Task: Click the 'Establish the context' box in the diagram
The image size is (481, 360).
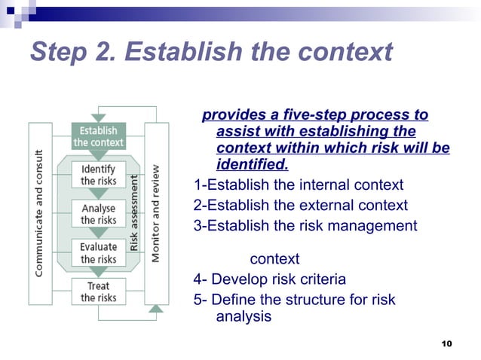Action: coord(98,136)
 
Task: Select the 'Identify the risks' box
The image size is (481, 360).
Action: coord(98,175)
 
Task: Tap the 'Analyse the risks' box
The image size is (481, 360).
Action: coord(98,214)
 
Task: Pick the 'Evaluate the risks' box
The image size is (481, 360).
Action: coord(98,252)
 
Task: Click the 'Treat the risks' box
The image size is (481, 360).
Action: coord(98,291)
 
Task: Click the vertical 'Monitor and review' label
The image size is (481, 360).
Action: coord(156,214)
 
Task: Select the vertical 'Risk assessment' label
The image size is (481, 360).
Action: coord(134,213)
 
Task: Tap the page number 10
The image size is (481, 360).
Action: coord(446,343)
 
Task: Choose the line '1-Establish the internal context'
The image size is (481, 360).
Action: coord(299,185)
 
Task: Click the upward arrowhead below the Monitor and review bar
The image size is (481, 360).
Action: coord(156,307)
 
